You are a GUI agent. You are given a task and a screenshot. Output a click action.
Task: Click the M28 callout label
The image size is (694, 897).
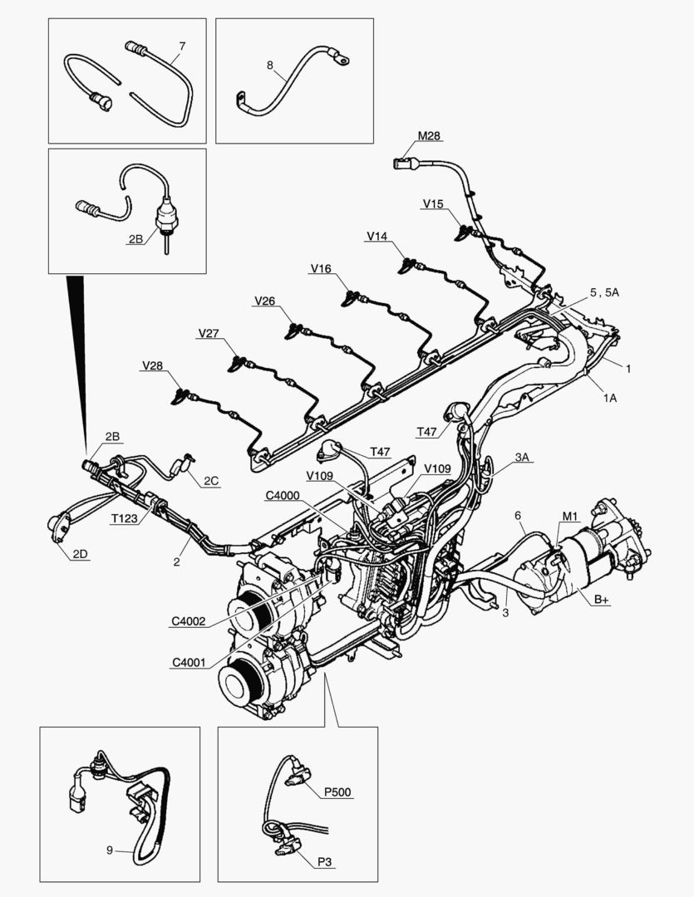(x=430, y=136)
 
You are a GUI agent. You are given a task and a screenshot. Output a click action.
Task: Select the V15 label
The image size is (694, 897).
(x=433, y=203)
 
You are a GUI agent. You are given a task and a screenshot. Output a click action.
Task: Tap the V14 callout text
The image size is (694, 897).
(x=377, y=237)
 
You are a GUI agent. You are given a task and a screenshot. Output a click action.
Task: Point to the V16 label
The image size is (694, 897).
(x=321, y=268)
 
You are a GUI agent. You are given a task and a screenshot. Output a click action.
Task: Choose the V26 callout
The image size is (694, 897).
(x=265, y=301)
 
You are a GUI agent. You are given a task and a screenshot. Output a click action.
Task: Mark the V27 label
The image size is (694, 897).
(x=209, y=333)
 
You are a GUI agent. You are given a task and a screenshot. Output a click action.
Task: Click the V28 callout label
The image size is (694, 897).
(x=152, y=365)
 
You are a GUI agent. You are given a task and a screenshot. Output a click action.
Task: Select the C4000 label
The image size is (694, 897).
(x=283, y=497)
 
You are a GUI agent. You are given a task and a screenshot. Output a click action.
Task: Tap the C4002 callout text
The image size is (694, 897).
(x=190, y=620)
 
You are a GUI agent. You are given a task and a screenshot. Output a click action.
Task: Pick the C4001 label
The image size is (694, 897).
(x=190, y=662)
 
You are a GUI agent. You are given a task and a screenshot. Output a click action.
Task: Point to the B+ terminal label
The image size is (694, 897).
(x=602, y=600)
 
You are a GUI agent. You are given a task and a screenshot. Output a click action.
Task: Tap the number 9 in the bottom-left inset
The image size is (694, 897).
(x=109, y=850)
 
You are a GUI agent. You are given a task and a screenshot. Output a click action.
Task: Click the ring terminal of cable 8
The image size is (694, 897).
(x=341, y=58)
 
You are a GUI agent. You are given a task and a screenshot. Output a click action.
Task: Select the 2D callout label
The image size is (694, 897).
(x=80, y=556)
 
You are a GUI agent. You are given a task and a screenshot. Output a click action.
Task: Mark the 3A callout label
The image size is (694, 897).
(x=522, y=458)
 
